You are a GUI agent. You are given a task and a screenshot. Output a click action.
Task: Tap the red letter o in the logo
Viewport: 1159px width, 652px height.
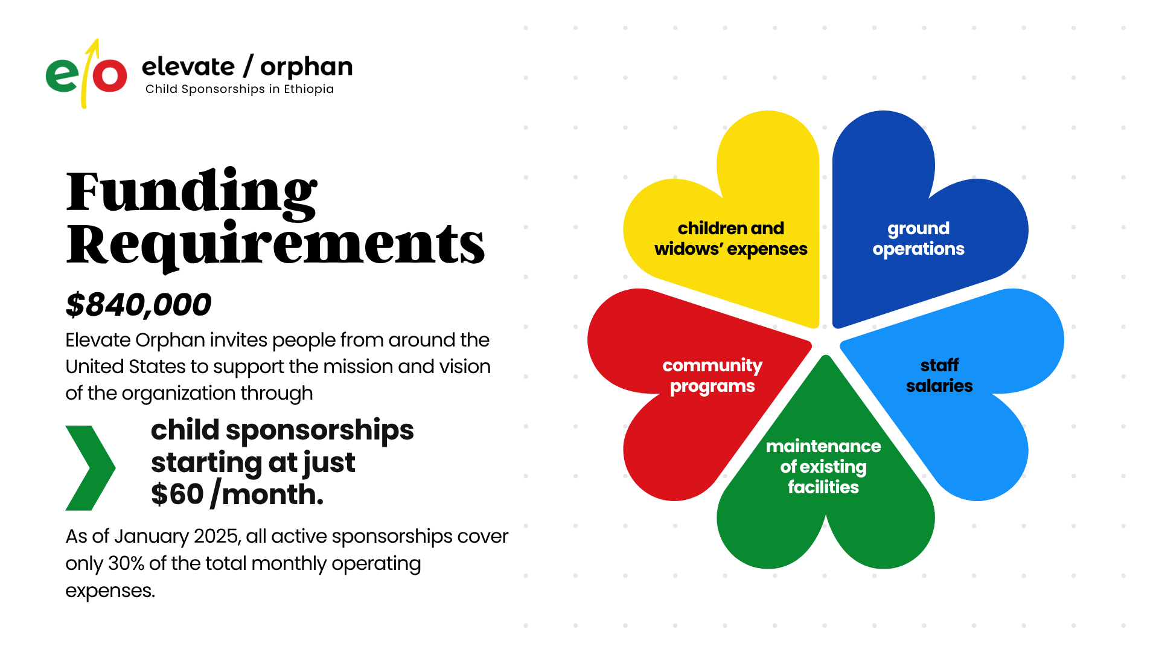tap(109, 75)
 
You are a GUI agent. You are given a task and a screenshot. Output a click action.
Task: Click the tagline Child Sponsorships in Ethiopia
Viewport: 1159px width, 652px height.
tap(239, 89)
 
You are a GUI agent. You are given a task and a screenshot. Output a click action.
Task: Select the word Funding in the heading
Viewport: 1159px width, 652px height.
tap(191, 192)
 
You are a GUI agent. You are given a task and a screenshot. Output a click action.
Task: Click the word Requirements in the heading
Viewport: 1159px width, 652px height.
tap(275, 245)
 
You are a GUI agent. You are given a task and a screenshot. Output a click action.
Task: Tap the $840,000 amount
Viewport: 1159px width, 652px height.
tap(138, 304)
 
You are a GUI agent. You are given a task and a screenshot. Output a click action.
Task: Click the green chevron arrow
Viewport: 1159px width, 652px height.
tap(90, 468)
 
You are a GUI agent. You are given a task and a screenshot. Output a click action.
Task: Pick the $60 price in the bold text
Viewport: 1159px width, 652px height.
tap(177, 494)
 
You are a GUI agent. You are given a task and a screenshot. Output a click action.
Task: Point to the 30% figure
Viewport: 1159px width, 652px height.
tap(126, 563)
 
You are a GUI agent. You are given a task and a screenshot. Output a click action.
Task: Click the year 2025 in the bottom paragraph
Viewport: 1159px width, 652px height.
tap(217, 536)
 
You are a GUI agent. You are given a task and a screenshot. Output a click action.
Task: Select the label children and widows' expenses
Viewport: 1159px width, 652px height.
tap(730, 238)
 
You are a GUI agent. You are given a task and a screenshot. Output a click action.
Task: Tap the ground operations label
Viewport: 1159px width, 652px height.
tap(918, 238)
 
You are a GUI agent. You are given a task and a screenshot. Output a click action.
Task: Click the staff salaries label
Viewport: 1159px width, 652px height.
tap(939, 376)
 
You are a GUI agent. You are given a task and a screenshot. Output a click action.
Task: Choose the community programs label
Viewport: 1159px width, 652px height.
tap(712, 376)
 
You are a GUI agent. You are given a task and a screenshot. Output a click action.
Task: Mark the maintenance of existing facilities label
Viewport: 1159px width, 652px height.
tap(823, 467)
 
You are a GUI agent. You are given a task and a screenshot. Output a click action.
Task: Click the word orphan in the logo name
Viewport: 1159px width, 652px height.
tap(306, 67)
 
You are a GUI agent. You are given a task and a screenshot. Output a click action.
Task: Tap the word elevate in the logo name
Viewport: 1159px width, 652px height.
tap(188, 66)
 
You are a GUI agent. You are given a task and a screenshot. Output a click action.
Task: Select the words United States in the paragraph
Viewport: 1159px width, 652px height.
tap(126, 366)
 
